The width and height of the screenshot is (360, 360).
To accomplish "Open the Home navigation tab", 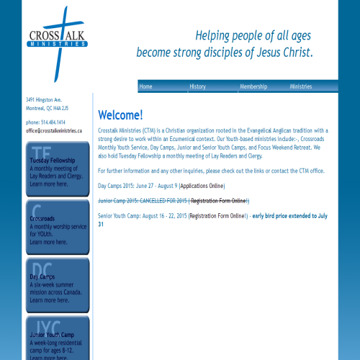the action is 145,86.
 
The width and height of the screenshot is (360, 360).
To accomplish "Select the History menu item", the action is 197,86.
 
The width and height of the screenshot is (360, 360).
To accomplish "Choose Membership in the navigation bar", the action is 253,86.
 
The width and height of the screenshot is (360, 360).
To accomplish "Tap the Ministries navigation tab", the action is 301,86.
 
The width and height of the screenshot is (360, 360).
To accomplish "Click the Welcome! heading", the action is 120,115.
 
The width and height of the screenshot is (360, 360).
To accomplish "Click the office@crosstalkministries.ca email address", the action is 54,131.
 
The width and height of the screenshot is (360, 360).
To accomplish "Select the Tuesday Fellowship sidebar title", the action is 52,160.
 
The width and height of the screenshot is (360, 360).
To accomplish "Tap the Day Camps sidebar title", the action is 42,276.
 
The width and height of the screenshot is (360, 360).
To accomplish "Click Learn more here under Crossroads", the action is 49,242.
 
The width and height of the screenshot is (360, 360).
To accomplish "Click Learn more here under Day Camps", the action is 49,300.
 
